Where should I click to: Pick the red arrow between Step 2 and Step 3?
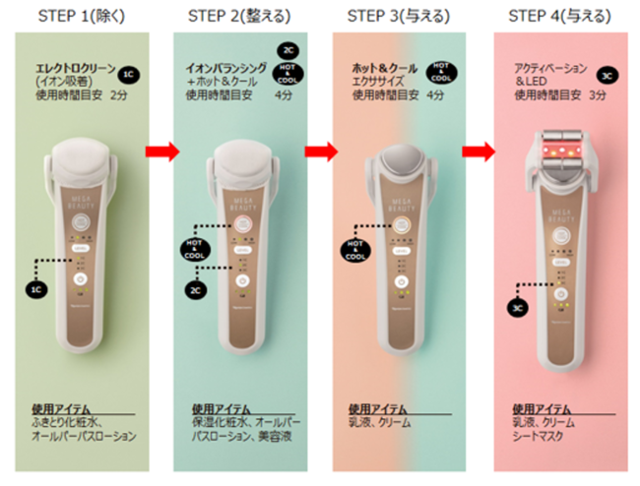tap(320, 152)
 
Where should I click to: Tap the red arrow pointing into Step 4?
tap(480, 152)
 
